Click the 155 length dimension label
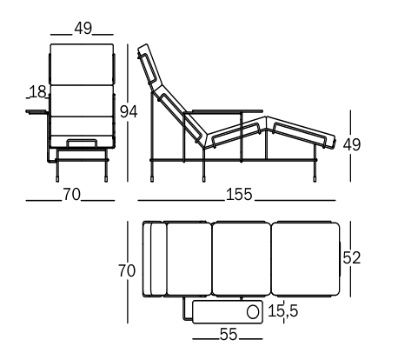pos(239,195)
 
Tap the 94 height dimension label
pos(129,111)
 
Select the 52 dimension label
pos(352,257)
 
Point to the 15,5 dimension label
pos(282,311)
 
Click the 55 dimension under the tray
pos(229,334)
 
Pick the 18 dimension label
pos(37,92)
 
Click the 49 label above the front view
pos(83,29)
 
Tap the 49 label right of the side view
pos(352,144)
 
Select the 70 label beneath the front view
pos(71,195)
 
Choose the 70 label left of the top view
pos(127,271)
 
